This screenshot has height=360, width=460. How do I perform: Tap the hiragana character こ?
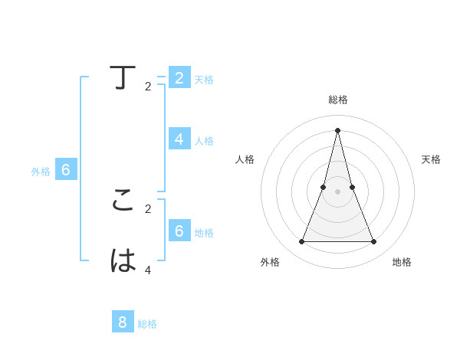click(123, 200)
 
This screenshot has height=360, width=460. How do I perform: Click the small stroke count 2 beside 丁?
click(148, 87)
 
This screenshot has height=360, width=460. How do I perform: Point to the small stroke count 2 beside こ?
click(148, 208)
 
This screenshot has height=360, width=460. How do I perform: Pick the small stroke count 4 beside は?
click(148, 270)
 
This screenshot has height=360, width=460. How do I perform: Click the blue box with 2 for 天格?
click(179, 77)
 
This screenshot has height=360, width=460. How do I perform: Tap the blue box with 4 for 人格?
click(179, 139)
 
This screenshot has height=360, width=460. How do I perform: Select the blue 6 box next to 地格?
click(179, 230)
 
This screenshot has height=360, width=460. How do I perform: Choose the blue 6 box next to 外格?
click(66, 170)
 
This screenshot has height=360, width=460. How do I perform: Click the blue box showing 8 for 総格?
click(123, 322)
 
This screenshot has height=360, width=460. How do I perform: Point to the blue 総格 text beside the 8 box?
click(147, 324)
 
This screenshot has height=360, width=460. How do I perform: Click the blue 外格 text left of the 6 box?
click(41, 172)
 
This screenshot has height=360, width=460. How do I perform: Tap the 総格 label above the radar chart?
click(337, 100)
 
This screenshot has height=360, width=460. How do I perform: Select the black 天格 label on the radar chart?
click(431, 159)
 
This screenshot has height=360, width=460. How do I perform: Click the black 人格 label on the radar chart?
click(245, 159)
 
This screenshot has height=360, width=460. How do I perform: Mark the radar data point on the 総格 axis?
click(337, 129)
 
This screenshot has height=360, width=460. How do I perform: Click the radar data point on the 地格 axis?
click(374, 242)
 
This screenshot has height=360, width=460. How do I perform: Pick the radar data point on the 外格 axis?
click(301, 242)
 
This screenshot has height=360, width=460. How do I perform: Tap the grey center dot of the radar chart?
click(337, 191)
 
